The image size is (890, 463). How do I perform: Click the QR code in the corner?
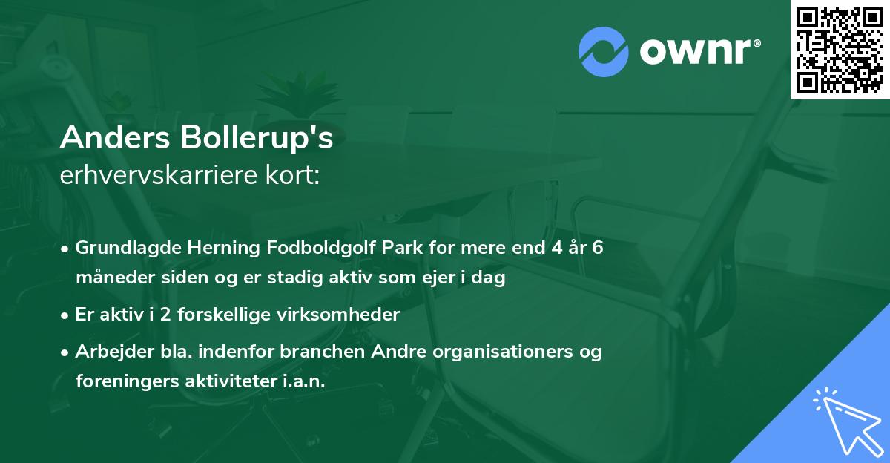click(x=840, y=49)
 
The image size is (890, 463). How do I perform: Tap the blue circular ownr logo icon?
click(x=603, y=52)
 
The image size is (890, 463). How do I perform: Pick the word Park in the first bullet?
click(x=399, y=248)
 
